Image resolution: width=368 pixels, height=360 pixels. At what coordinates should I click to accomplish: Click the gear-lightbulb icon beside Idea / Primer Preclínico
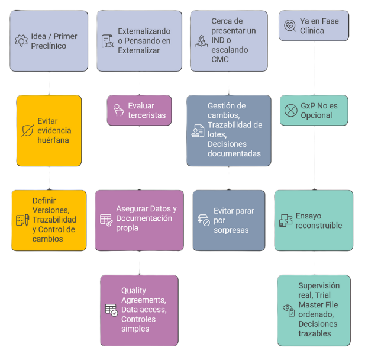point(22,41)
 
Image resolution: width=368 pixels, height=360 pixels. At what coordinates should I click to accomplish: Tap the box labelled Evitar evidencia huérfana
point(49,130)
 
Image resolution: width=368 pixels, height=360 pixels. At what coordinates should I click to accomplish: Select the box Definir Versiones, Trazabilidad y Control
point(49,220)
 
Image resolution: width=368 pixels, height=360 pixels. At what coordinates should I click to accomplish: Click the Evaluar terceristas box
point(139,110)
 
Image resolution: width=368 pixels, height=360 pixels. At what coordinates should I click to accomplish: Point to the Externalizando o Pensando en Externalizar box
point(139,41)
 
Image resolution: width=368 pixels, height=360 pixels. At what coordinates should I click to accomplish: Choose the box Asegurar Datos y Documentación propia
point(139,220)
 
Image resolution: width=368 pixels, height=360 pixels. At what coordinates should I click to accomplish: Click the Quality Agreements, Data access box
point(139,310)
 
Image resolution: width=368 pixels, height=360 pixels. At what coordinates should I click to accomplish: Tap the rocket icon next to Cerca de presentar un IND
point(201,41)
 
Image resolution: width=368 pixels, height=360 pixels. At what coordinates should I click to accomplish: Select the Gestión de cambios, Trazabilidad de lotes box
point(228,130)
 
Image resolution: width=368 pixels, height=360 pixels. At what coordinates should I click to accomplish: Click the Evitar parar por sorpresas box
point(228,220)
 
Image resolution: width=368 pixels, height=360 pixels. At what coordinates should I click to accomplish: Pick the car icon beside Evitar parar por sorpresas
point(203,220)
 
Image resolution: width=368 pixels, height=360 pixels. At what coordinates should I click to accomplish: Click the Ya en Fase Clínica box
point(313,26)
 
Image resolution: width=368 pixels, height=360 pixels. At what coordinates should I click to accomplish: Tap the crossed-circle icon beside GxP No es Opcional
point(290,110)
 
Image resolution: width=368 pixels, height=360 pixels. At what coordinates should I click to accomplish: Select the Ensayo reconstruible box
point(313,220)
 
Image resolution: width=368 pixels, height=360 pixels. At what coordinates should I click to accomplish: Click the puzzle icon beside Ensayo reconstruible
point(286,220)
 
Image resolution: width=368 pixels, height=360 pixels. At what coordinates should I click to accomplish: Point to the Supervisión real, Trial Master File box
point(313,310)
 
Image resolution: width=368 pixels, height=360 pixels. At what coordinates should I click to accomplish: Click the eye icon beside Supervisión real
point(289,309)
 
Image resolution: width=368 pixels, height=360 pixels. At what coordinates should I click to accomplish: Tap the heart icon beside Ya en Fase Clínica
point(290,26)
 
